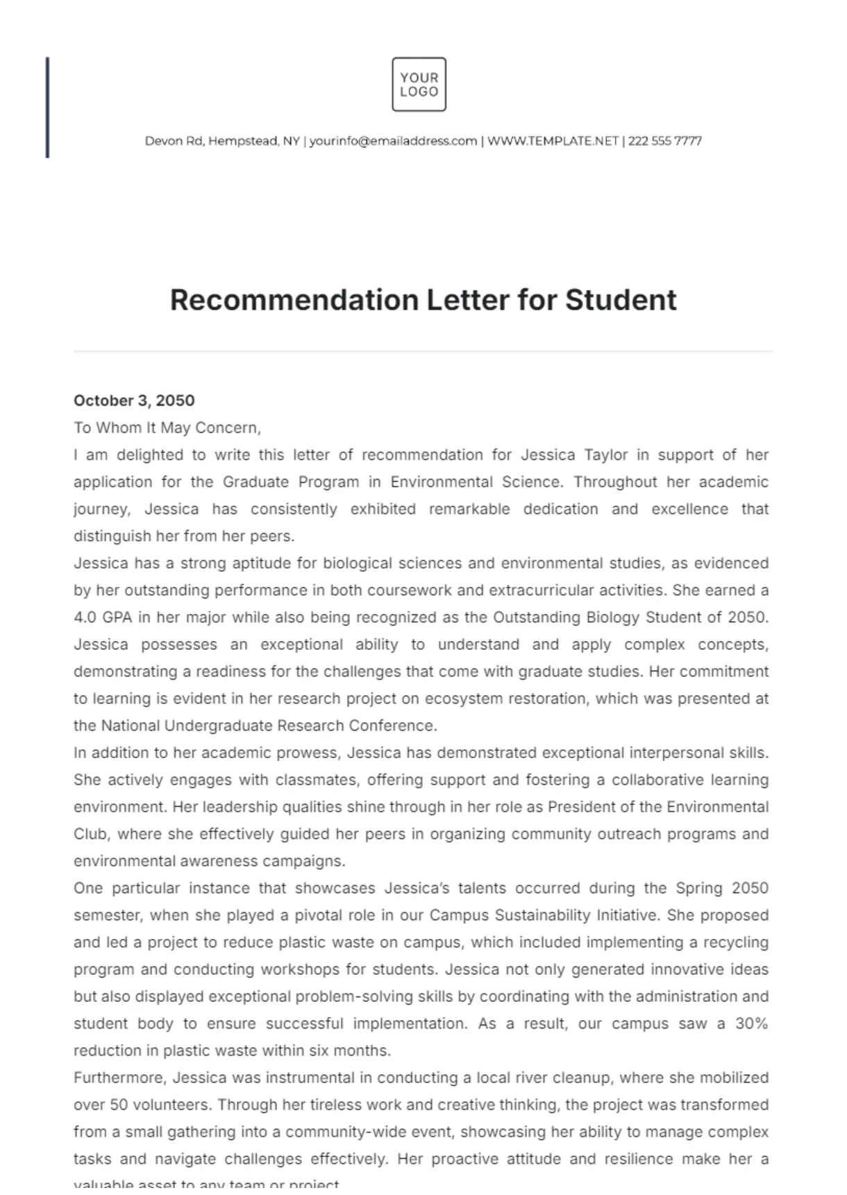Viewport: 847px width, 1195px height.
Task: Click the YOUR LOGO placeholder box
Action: point(419,85)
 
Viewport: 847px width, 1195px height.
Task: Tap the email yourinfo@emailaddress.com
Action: point(393,141)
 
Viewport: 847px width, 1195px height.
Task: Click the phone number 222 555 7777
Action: point(664,141)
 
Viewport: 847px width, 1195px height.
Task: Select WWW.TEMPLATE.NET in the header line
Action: point(553,141)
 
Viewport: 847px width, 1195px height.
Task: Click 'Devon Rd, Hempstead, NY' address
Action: point(222,141)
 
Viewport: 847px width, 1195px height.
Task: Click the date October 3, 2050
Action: point(134,401)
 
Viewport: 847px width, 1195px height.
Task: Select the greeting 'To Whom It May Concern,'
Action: point(167,428)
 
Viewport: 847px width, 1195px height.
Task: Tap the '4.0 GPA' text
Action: point(103,617)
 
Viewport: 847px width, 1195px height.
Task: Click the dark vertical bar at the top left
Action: point(47,108)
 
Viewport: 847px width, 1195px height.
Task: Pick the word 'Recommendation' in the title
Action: point(293,300)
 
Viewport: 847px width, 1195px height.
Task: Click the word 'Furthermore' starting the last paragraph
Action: point(119,1078)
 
